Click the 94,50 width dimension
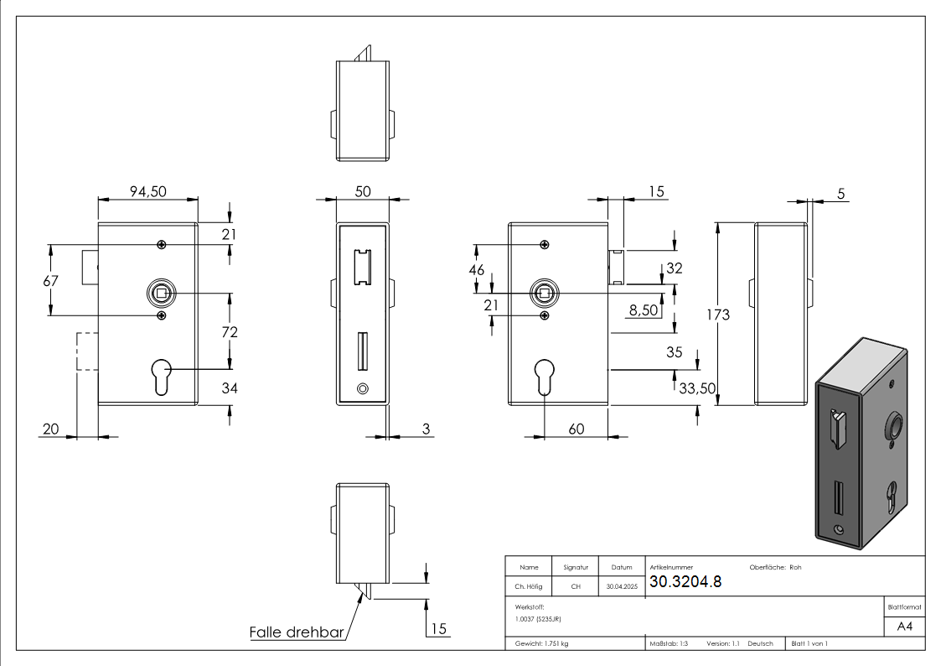coord(147,192)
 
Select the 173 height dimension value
coord(717,315)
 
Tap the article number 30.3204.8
coord(685,582)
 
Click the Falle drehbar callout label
coord(297,632)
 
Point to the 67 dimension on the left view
coord(51,281)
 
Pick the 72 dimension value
coord(229,332)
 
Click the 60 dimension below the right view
coord(576,429)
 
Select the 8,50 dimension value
coord(644,310)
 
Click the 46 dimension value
coord(477,270)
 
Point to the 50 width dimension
coord(362,192)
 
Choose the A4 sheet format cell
coord(904,627)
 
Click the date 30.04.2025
coord(621,587)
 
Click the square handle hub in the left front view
coord(160,294)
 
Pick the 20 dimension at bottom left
coord(51,429)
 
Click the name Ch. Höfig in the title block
coord(529,587)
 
